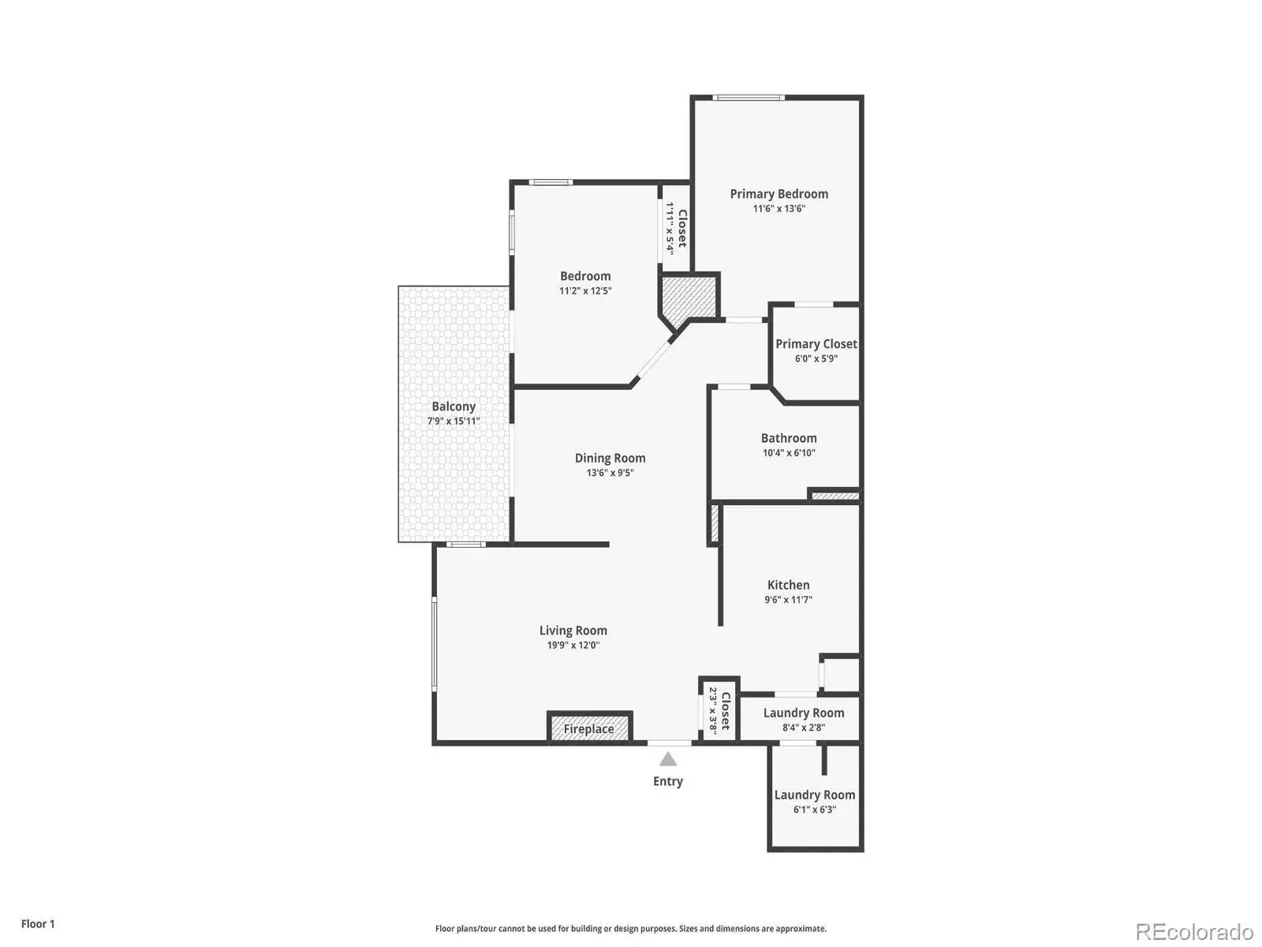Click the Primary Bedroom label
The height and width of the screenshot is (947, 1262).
click(x=778, y=194)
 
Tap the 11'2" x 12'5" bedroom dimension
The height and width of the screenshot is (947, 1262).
click(x=585, y=290)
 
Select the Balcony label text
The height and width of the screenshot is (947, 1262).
click(x=454, y=406)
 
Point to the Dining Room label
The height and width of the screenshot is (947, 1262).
click(x=610, y=458)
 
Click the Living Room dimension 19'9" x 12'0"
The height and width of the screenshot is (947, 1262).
click(x=573, y=645)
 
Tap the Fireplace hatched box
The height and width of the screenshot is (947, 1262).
click(x=588, y=728)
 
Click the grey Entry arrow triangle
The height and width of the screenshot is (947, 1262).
click(x=667, y=759)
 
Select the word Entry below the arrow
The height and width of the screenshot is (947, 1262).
click(x=667, y=780)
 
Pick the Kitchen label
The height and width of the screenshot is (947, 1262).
click(x=788, y=584)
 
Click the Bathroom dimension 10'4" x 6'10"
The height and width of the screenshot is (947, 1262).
click(x=789, y=452)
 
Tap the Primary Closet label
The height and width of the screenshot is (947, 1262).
click(x=816, y=344)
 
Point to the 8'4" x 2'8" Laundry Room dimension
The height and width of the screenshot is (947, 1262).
click(x=803, y=728)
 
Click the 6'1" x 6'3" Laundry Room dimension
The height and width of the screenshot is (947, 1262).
click(x=814, y=809)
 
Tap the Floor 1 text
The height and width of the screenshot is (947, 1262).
click(x=38, y=923)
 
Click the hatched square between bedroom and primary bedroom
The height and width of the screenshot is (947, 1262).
click(x=689, y=298)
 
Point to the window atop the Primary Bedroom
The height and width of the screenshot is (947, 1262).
click(x=748, y=97)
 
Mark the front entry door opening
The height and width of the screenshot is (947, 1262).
click(x=669, y=743)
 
